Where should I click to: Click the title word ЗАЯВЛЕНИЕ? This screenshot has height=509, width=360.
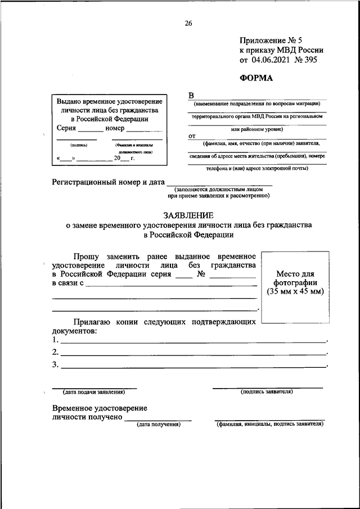[188, 215]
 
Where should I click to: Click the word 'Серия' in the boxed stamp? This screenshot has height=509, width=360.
[67, 128]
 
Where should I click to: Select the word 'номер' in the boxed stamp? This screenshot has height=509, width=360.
[116, 128]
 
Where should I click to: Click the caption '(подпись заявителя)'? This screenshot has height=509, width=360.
[267, 391]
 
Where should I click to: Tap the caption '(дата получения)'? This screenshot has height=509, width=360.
[158, 424]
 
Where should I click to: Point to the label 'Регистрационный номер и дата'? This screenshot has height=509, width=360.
[109, 182]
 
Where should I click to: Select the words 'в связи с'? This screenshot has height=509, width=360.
[67, 283]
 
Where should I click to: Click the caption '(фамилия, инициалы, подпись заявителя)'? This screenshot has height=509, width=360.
[270, 424]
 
